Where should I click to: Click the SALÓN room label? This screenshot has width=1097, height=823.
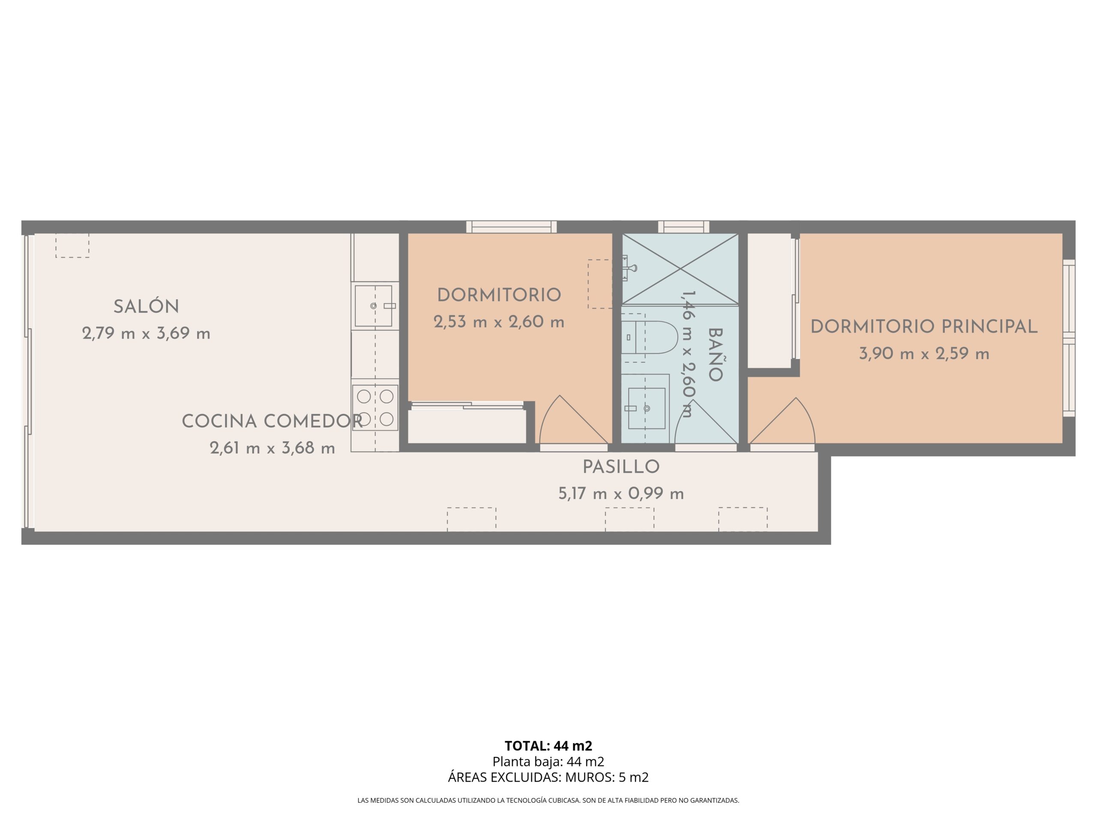click(x=146, y=306)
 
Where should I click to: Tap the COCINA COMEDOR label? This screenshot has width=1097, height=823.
click(x=272, y=421)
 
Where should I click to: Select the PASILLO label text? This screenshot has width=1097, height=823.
click(x=621, y=467)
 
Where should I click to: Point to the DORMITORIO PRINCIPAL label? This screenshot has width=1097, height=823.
click(x=924, y=327)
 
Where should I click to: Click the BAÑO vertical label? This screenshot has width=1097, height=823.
click(x=715, y=354)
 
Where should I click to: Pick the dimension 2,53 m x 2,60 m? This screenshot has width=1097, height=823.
click(x=499, y=322)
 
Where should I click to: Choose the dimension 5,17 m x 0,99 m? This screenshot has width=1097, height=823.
click(x=621, y=494)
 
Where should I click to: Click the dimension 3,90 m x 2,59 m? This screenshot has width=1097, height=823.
click(x=924, y=354)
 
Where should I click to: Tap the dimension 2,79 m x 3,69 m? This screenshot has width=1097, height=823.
click(x=146, y=333)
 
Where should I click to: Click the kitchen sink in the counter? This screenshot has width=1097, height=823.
click(x=375, y=306)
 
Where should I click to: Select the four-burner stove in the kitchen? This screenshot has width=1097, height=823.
click(x=375, y=408)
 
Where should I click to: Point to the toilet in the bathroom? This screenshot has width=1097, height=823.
click(x=649, y=337)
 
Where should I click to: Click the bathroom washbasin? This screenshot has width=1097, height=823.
click(x=646, y=408)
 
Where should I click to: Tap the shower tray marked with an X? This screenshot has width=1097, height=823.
click(x=680, y=268)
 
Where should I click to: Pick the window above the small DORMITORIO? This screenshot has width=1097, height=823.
click(x=511, y=227)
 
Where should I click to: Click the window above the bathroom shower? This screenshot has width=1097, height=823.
click(x=683, y=227)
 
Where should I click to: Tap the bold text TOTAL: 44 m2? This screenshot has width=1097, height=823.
click(x=548, y=745)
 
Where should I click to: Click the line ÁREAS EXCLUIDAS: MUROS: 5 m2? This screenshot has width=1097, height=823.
click(x=548, y=778)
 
